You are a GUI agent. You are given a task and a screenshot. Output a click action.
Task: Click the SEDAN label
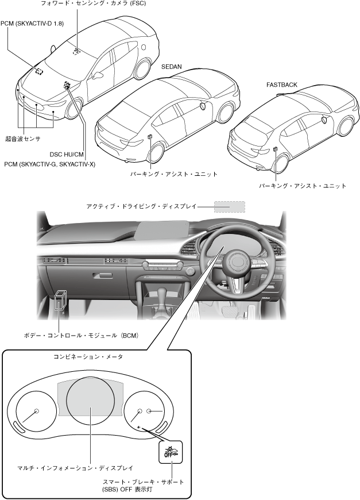click(x=172, y=67)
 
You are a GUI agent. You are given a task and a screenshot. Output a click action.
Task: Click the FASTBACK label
click(x=281, y=84)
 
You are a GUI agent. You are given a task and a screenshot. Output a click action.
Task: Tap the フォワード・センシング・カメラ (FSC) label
click(x=85, y=4)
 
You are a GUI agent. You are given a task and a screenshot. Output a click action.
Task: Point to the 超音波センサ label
click(x=23, y=139)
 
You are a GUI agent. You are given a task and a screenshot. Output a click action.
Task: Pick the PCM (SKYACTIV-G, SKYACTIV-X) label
click(x=49, y=164)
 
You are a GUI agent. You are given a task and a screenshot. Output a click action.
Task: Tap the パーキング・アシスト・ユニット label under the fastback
click(x=302, y=186)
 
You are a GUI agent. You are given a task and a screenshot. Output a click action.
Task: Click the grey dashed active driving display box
click(x=229, y=207)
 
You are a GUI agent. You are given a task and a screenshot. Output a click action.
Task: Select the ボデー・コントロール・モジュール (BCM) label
click(x=82, y=334)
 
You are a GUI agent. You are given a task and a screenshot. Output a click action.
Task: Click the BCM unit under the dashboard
click(x=61, y=300)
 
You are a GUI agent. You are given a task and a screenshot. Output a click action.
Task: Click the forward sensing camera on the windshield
click(x=76, y=51)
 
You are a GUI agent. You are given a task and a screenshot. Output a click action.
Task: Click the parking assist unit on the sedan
click(x=149, y=138)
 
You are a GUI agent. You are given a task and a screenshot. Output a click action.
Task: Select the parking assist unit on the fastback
click(x=276, y=149)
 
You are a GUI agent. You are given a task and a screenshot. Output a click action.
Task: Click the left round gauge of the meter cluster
click(x=36, y=411)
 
